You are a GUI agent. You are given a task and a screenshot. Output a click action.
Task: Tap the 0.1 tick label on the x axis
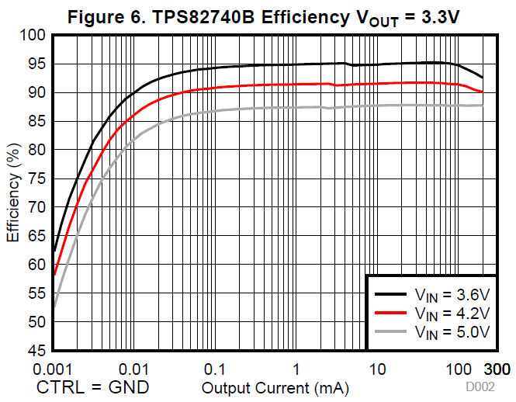[215, 368]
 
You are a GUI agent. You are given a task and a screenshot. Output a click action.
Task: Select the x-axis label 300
[497, 368]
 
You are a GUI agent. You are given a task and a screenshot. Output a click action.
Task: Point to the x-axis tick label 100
[459, 368]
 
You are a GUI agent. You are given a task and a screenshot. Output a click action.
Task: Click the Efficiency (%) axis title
[13, 192]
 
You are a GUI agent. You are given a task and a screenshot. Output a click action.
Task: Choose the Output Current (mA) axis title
[275, 386]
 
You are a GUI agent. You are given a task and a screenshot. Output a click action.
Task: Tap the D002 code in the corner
[480, 386]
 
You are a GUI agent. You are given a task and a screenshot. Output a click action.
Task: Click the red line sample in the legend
[391, 313]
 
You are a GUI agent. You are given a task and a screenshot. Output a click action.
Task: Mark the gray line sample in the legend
[391, 331]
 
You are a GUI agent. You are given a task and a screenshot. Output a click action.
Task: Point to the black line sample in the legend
[391, 294]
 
